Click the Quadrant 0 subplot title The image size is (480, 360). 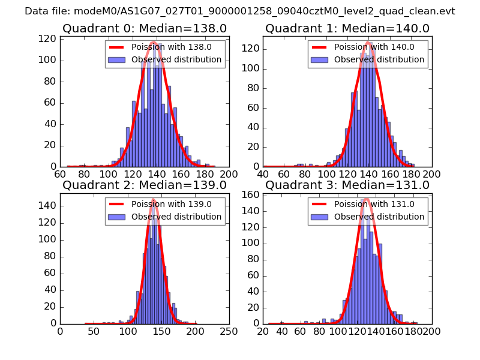coord(145,28)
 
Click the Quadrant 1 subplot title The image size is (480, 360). coord(347,28)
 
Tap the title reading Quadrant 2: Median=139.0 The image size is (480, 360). coord(145,185)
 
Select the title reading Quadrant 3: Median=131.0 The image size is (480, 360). coord(347,185)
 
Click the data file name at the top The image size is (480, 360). coord(240,11)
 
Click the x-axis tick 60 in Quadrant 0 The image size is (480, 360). coord(60,174)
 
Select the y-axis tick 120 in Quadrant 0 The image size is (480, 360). coord(49,38)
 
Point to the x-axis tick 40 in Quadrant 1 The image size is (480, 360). coord(263,174)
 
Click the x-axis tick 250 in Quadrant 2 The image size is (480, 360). coord(229,331)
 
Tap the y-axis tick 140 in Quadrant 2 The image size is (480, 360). coord(49,206)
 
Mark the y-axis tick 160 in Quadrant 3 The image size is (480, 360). coord(252,195)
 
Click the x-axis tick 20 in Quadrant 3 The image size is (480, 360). coord(263,331)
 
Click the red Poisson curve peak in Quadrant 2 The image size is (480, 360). coord(153,199)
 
